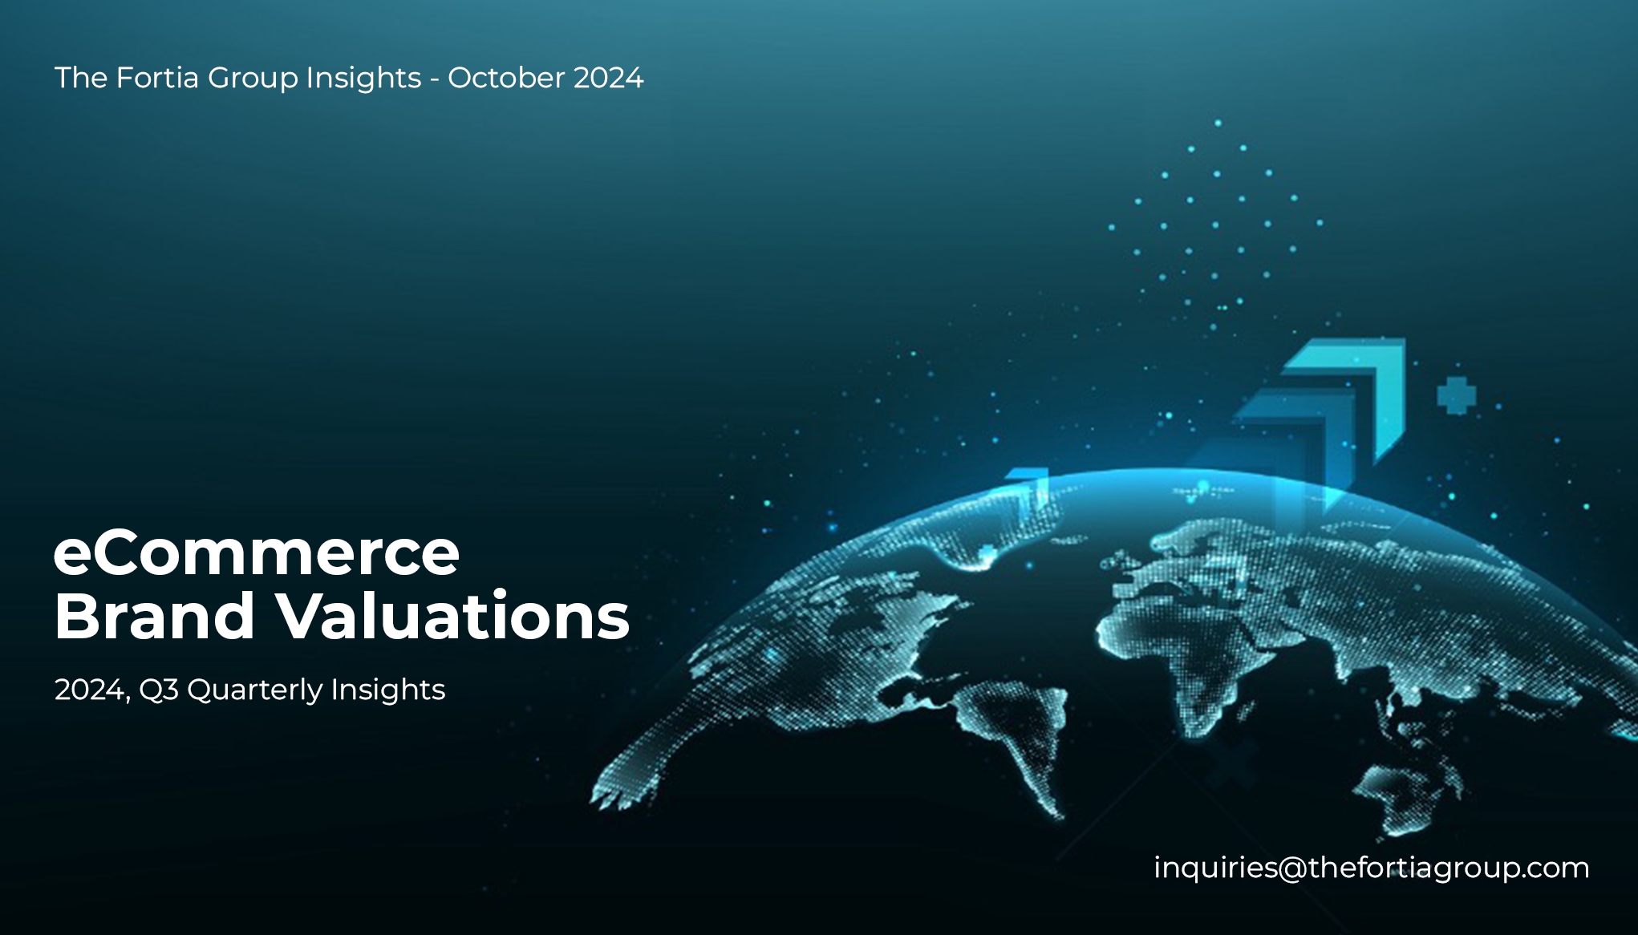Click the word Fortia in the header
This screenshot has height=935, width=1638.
[157, 78]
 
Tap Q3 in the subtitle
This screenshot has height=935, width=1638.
[159, 690]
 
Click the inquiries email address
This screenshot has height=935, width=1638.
[1372, 868]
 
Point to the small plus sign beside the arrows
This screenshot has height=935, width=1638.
[1456, 395]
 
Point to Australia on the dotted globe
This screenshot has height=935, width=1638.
[1404, 794]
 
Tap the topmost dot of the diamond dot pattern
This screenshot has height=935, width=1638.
[1218, 123]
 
